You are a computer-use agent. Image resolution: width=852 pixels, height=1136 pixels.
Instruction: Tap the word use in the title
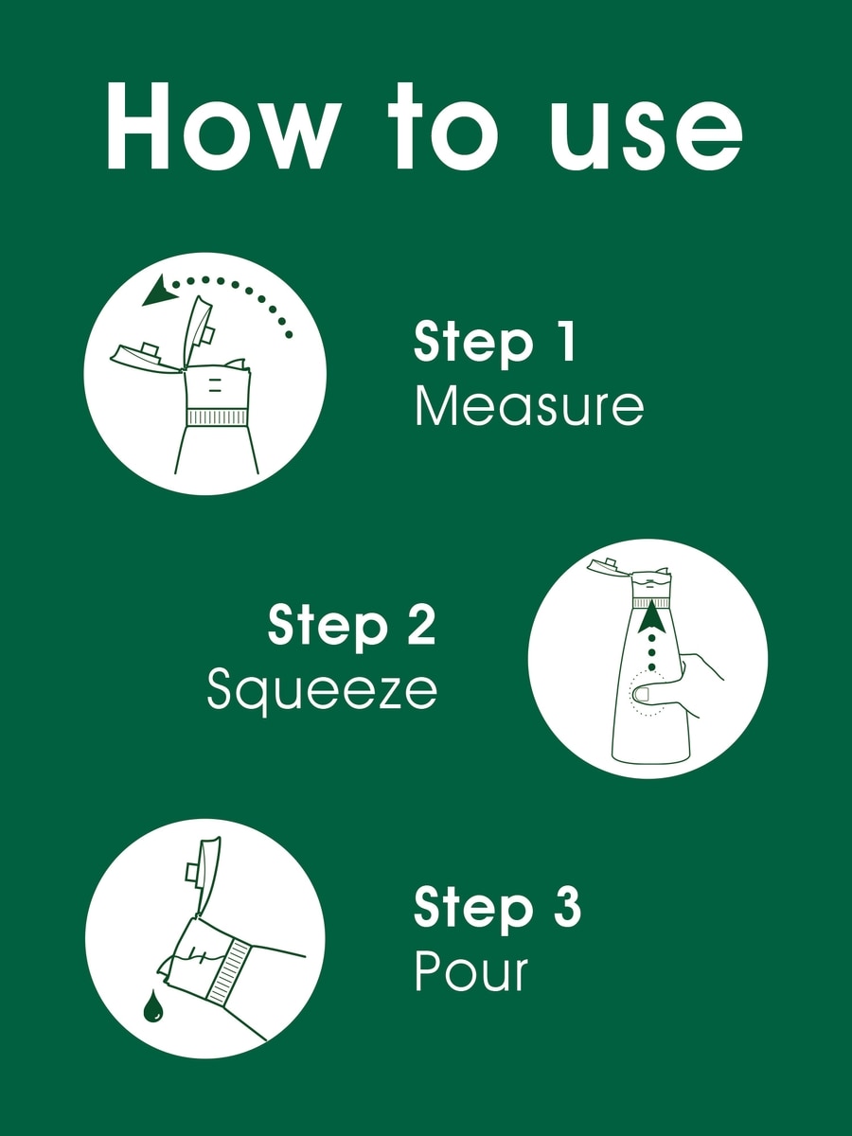click(x=646, y=136)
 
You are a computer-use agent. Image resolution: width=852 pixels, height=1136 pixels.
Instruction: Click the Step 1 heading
click(x=494, y=344)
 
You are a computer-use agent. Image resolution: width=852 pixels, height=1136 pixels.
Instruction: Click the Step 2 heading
click(x=351, y=627)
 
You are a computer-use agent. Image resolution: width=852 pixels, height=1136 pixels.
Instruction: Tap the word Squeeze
click(x=322, y=691)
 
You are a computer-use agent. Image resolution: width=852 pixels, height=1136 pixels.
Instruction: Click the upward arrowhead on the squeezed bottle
click(x=651, y=616)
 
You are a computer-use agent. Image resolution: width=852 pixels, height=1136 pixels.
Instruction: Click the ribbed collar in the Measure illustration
click(x=216, y=417)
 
